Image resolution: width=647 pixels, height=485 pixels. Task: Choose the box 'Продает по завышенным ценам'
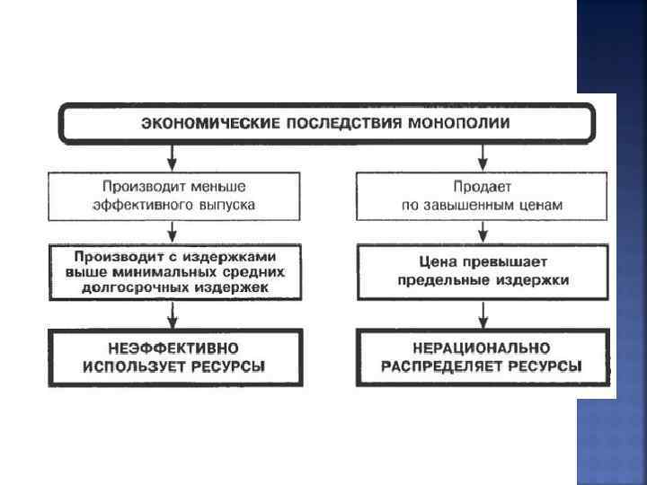(483, 195)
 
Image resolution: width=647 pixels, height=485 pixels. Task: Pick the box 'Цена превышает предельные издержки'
(483, 271)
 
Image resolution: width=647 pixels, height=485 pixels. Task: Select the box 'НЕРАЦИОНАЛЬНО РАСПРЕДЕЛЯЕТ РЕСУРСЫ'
(483, 357)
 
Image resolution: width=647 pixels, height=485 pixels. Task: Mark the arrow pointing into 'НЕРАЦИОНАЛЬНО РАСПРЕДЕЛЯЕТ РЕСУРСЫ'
(483, 316)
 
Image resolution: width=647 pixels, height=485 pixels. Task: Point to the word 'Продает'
(483, 186)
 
